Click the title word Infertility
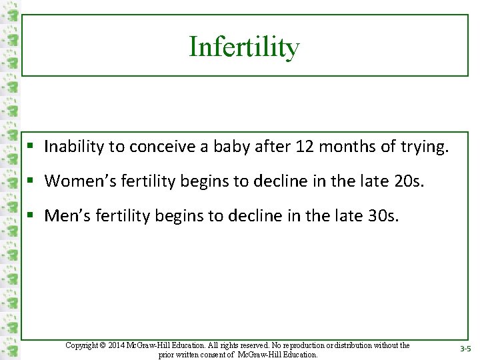tap(244, 47)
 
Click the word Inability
tap(73, 147)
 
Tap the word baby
tap(233, 147)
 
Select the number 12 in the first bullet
tap(305, 147)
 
